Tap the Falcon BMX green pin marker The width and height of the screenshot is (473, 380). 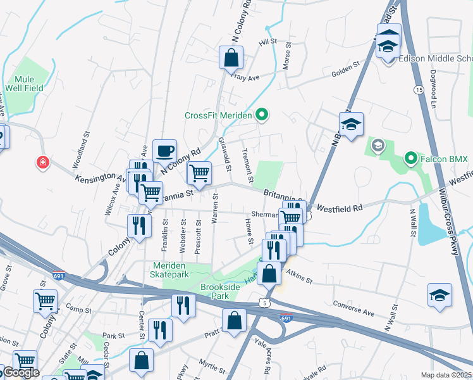coord(410,158)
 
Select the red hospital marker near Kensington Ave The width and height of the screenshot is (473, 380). coord(42,163)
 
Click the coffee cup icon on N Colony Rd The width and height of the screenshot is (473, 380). coord(164,151)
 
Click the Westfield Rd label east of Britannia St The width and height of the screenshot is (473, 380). coord(340,208)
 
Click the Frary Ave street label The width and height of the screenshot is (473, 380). coord(245,78)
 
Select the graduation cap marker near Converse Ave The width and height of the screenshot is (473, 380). coord(439,296)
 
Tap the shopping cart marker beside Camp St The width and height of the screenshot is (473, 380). coord(45,301)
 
